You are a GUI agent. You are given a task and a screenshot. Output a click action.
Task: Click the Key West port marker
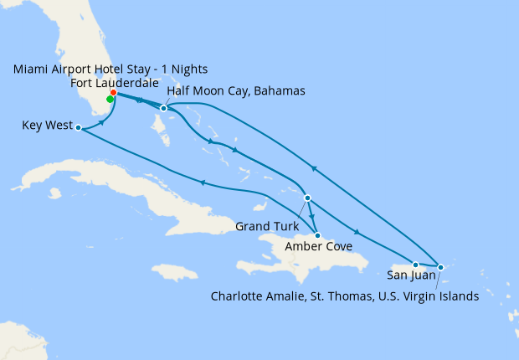(x=78, y=128)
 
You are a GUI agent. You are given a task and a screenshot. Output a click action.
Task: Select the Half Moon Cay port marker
(x=164, y=108)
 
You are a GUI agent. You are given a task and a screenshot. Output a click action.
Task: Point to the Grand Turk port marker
(x=308, y=198)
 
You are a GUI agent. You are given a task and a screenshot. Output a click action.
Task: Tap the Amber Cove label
(x=317, y=246)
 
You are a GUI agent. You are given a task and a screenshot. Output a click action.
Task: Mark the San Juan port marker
(x=415, y=265)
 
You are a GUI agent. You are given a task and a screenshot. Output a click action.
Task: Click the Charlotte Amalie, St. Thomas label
(x=345, y=296)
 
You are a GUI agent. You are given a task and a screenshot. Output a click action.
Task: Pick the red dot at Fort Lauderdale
(x=113, y=93)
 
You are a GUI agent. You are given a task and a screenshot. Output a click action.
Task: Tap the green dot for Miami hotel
(x=110, y=99)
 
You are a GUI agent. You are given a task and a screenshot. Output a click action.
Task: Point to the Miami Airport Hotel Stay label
(x=110, y=69)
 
